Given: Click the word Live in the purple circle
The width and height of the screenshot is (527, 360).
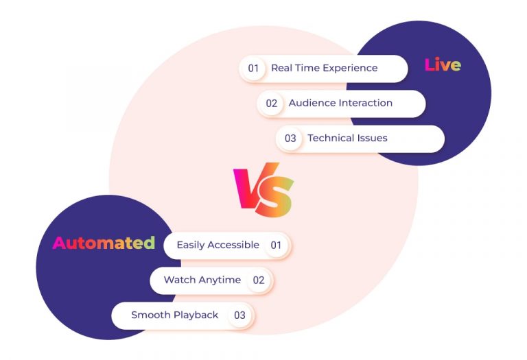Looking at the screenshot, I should pyautogui.click(x=443, y=65).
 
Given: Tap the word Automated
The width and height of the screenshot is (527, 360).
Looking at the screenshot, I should pyautogui.click(x=104, y=243).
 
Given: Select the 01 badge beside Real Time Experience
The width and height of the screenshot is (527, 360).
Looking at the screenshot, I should pyautogui.click(x=253, y=68).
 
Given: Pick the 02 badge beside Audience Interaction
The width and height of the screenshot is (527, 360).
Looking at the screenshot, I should pyautogui.click(x=272, y=104).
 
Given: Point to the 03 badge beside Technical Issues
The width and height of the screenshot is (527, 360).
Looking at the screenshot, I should pyautogui.click(x=290, y=139).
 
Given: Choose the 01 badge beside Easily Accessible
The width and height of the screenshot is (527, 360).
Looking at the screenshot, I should pyautogui.click(x=276, y=245).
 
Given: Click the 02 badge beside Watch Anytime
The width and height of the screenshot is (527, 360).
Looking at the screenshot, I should pyautogui.click(x=258, y=280).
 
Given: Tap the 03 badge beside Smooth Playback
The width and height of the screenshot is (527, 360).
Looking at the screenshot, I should pyautogui.click(x=239, y=315).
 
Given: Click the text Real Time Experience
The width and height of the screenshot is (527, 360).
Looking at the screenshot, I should pyautogui.click(x=324, y=68).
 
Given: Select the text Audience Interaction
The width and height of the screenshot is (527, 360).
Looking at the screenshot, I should pyautogui.click(x=340, y=103).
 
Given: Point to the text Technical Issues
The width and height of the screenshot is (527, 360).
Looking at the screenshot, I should pyautogui.click(x=347, y=138).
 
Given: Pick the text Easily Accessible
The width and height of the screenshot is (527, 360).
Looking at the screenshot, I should pyautogui.click(x=218, y=245).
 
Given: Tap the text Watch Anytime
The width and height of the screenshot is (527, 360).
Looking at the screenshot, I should pyautogui.click(x=202, y=280).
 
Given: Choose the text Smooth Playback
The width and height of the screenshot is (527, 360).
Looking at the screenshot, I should pyautogui.click(x=174, y=315).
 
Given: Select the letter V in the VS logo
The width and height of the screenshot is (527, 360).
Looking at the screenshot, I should pyautogui.click(x=248, y=188).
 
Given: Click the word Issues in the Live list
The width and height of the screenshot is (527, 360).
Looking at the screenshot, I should pyautogui.click(x=371, y=138).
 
